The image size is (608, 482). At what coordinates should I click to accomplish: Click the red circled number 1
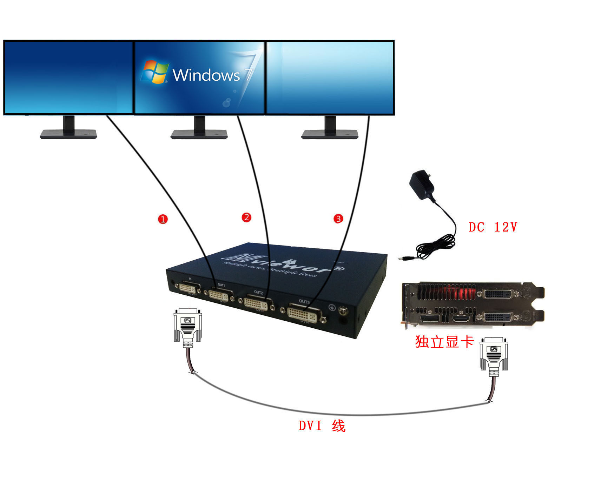(163, 219)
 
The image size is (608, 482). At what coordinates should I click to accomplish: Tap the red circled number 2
(246, 217)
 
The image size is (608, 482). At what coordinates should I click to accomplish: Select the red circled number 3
(338, 219)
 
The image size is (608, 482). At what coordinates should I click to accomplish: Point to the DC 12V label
(493, 227)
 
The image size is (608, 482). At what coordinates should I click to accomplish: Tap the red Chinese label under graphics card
(444, 342)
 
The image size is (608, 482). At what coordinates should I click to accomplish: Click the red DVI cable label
(322, 426)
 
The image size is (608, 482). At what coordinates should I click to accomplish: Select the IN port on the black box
(188, 288)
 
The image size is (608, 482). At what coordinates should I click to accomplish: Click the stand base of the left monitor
(68, 134)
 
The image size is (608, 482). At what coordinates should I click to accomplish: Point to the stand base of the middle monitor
(199, 134)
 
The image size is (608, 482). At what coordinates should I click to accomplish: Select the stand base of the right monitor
(330, 134)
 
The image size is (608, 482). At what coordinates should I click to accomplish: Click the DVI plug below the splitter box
(188, 326)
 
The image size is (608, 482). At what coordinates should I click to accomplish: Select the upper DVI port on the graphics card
(496, 293)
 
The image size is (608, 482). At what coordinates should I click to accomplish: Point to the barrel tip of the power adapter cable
(402, 259)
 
